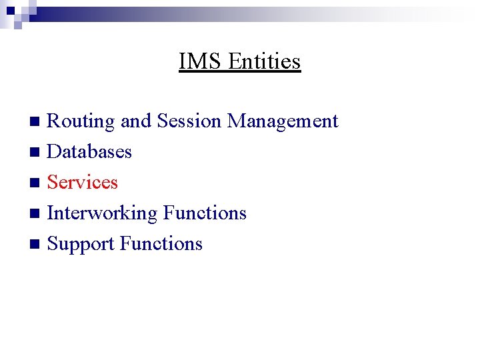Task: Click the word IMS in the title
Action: pos(201,61)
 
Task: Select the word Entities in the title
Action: pos(265,61)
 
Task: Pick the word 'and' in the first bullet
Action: pos(136,121)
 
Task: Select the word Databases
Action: pos(89,151)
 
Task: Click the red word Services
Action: pos(83,182)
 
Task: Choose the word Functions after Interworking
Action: pos(205,213)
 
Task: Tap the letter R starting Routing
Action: pos(53,121)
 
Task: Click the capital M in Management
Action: pos(235,121)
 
